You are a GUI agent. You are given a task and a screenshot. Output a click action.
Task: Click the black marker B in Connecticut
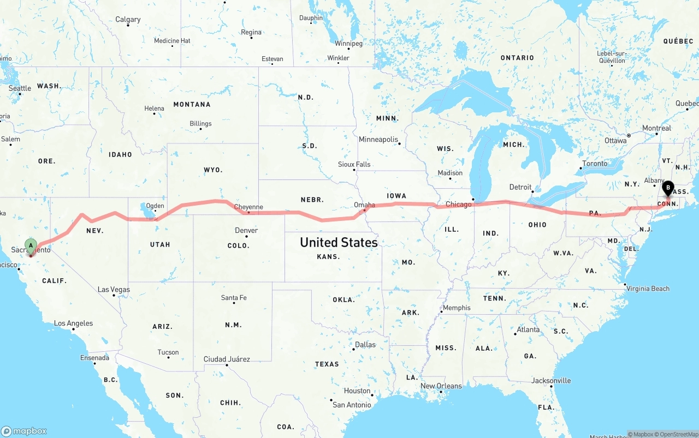pyautogui.click(x=668, y=188)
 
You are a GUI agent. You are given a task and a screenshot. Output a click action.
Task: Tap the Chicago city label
pyautogui.click(x=458, y=205)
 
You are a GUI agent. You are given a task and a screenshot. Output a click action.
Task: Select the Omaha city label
pyautogui.click(x=364, y=205)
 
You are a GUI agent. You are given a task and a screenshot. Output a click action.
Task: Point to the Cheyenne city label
pyautogui.click(x=248, y=207)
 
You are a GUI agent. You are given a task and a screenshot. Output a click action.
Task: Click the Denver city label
pyautogui.click(x=246, y=230)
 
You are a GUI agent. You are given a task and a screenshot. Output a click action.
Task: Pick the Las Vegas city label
pyautogui.click(x=114, y=290)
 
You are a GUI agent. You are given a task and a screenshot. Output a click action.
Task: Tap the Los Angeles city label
pyautogui.click(x=73, y=323)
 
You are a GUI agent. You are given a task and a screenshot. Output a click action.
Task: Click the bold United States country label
pyautogui.click(x=339, y=242)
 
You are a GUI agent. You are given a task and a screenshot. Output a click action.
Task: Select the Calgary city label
pyautogui.click(x=128, y=20)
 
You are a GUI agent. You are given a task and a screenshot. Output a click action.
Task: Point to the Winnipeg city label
pyautogui.click(x=348, y=44)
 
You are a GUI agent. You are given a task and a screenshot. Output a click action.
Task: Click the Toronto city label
pyautogui.click(x=595, y=164)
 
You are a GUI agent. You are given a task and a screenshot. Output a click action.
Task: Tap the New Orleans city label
pyautogui.click(x=441, y=386)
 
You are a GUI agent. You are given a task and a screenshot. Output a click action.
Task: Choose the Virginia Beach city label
pyautogui.click(x=648, y=289)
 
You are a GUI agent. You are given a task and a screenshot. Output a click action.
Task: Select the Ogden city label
pyautogui.click(x=155, y=206)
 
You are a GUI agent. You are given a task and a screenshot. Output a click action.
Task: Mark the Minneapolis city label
pyautogui.click(x=378, y=140)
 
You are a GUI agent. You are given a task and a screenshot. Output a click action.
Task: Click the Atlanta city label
pyautogui.click(x=528, y=329)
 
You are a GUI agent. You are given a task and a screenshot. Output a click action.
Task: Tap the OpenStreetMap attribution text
pyautogui.click(x=677, y=434)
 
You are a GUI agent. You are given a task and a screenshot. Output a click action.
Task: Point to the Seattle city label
pyautogui.click(x=20, y=88)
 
